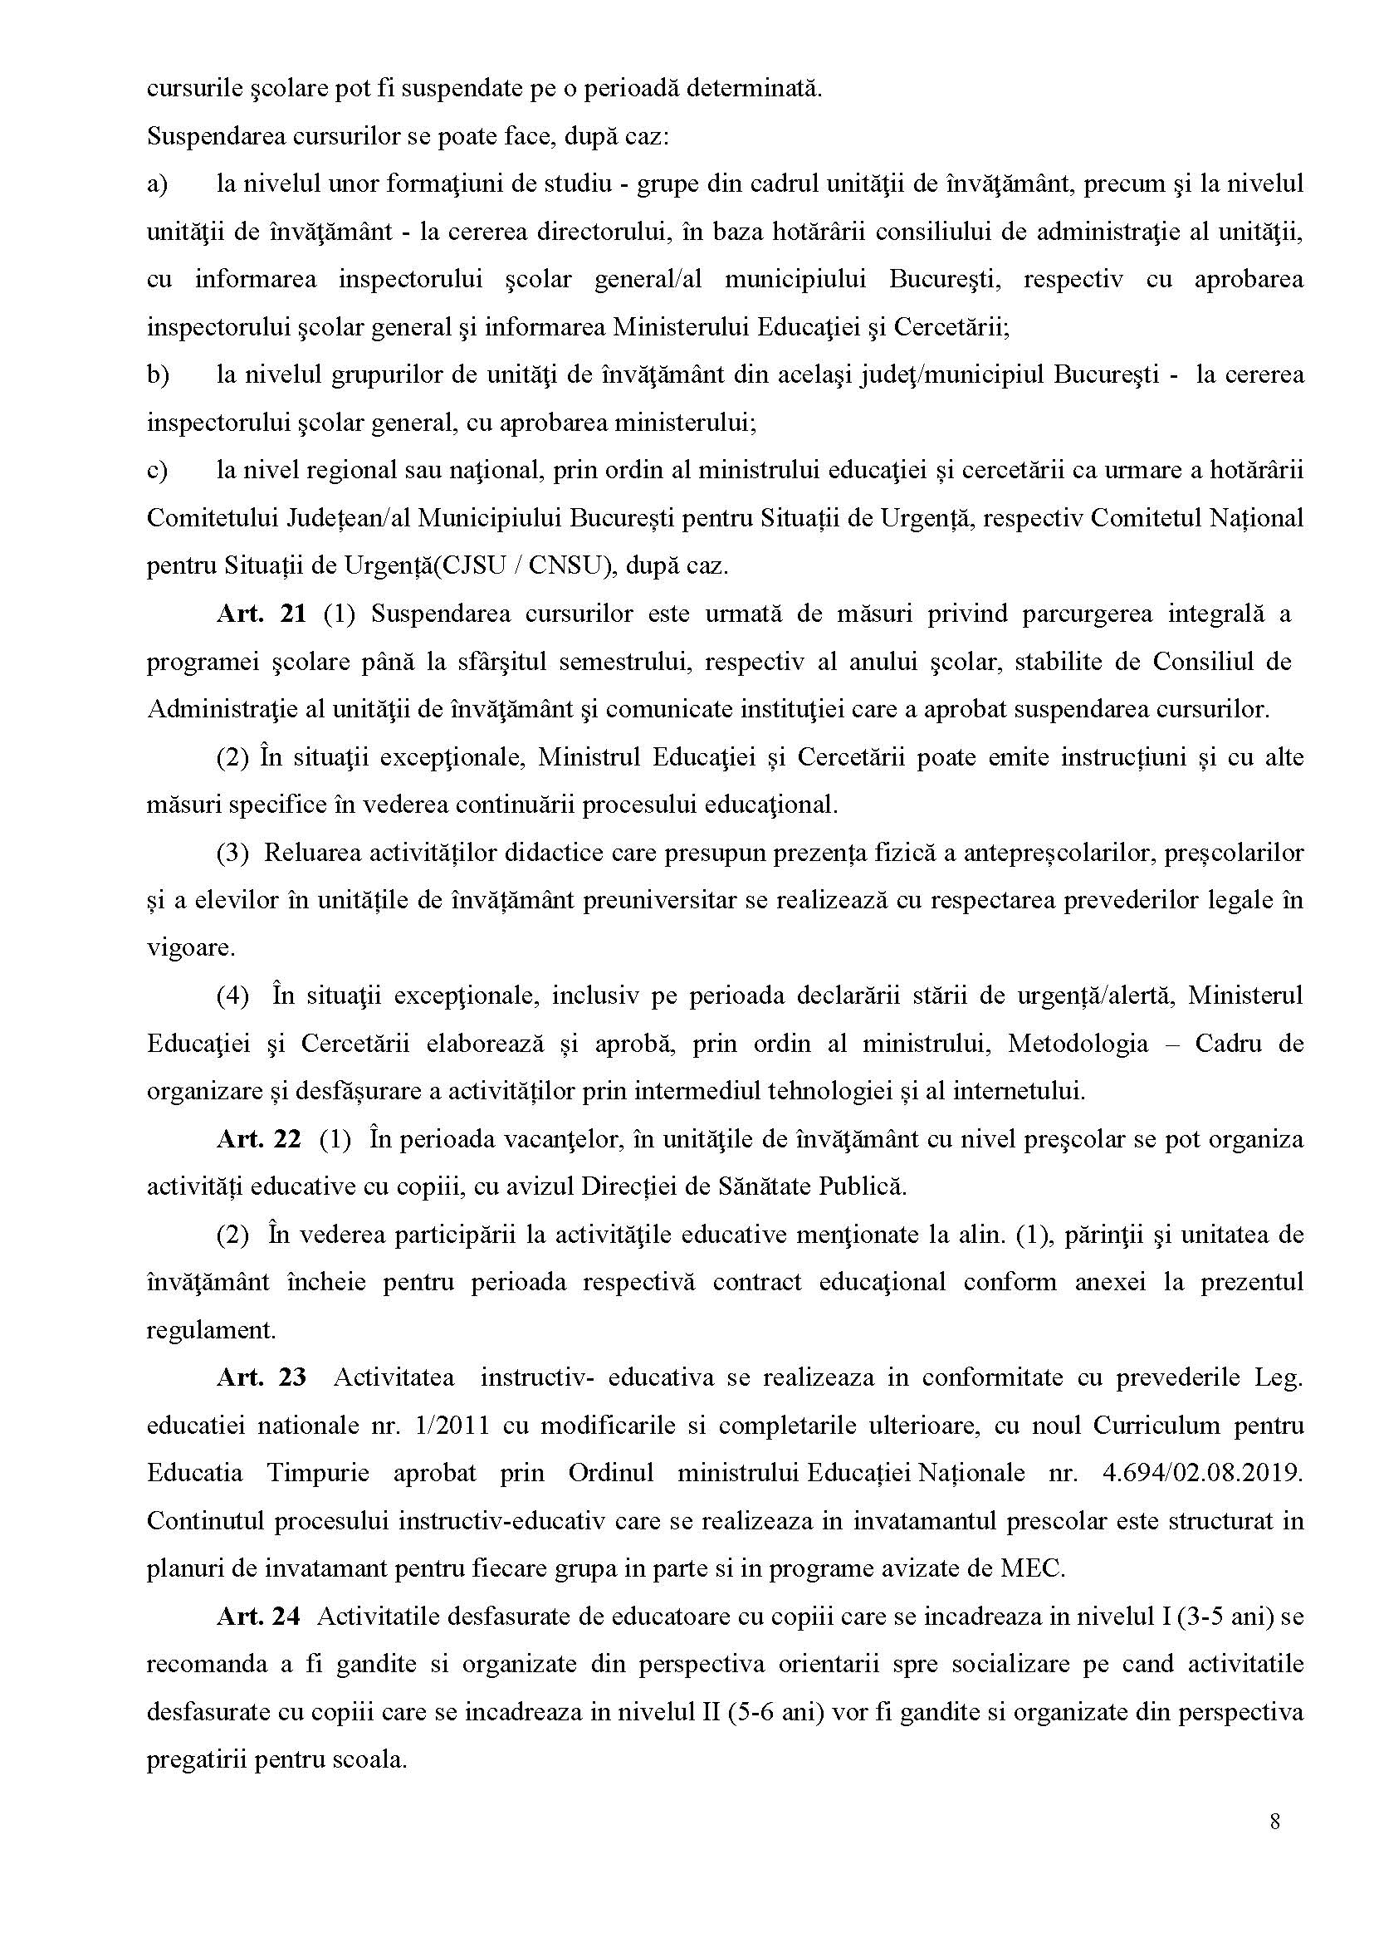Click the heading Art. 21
[261, 614]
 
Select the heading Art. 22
[258, 1139]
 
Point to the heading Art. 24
[258, 1617]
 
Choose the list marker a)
[158, 183]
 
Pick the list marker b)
[159, 374]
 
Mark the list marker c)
[158, 471]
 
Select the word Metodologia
[1078, 1044]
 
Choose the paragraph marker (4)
[232, 996]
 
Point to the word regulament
[211, 1330]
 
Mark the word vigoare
[190, 947]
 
